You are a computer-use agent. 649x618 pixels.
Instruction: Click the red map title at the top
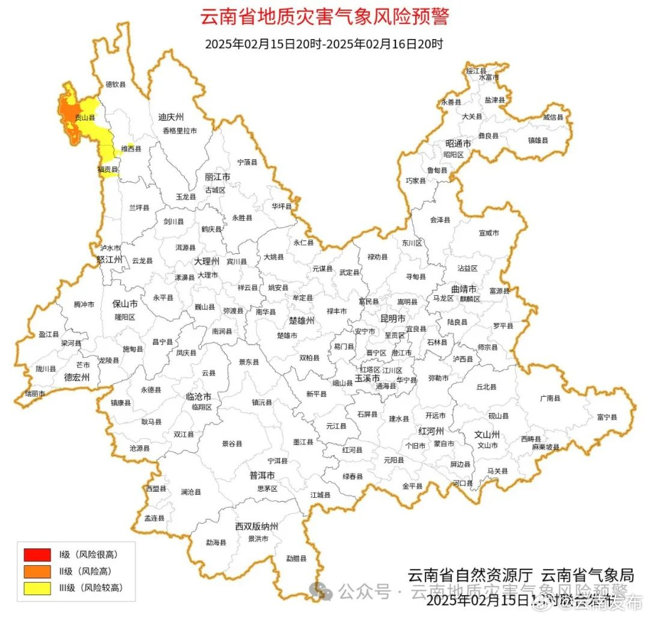point(324,16)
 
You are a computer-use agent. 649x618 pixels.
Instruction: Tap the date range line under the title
point(324,44)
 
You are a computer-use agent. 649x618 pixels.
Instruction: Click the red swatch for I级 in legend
point(37,554)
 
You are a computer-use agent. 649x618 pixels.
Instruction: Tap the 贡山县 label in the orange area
point(85,118)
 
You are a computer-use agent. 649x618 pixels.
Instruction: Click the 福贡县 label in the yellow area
point(108,170)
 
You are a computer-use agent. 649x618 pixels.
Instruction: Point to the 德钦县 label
point(116,85)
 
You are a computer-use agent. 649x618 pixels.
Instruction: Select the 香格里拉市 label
point(179,130)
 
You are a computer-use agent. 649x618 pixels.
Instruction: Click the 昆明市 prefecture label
point(393,317)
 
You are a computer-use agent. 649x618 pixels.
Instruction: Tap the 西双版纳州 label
point(257,527)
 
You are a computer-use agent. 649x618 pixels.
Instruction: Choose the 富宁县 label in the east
point(607,417)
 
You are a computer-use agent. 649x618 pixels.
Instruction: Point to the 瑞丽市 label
point(34,393)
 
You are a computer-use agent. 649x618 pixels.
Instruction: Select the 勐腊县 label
point(296,558)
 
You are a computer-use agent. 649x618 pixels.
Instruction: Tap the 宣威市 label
point(489,233)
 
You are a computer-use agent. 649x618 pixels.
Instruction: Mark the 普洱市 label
point(263,476)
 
